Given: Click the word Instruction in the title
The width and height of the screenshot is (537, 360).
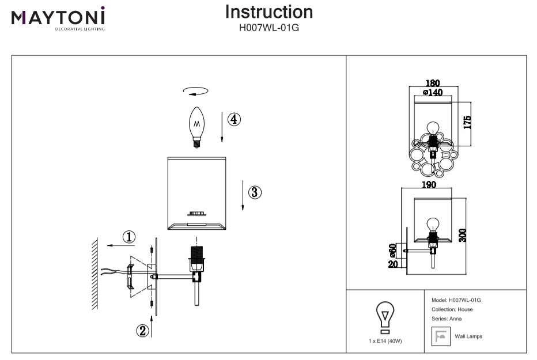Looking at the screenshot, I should pyautogui.click(x=268, y=12).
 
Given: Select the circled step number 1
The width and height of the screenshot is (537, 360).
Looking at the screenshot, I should pyautogui.click(x=130, y=236).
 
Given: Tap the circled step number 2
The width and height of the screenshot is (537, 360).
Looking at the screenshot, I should pyautogui.click(x=142, y=330).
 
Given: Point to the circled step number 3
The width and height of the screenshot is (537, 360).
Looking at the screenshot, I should pyautogui.click(x=255, y=192).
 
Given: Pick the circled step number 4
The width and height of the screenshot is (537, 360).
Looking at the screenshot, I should pyautogui.click(x=233, y=119).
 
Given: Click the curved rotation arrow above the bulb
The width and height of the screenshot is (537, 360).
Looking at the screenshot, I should pyautogui.click(x=195, y=90).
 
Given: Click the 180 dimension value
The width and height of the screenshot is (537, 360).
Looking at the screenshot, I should pyautogui.click(x=432, y=83).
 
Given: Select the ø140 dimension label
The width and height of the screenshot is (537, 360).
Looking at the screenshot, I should pyautogui.click(x=432, y=92).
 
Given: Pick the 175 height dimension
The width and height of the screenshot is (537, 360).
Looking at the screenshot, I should pyautogui.click(x=467, y=122).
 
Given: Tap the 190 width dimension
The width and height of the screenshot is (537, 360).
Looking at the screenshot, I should pyautogui.click(x=428, y=185).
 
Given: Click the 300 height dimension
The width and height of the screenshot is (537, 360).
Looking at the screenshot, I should pyautogui.click(x=463, y=234).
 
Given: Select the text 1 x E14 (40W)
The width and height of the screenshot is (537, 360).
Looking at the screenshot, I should pyautogui.click(x=385, y=341).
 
